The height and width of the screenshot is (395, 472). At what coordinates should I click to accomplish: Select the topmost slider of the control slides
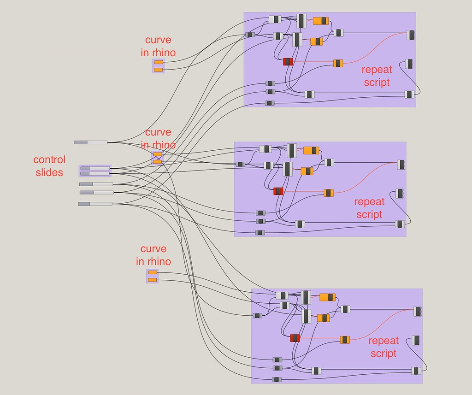(x=91, y=142)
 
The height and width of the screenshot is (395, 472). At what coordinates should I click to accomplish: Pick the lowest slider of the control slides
(x=95, y=204)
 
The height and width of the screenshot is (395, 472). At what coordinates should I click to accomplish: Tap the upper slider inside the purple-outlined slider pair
(x=95, y=168)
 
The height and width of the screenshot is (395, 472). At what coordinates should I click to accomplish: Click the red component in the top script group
(x=288, y=61)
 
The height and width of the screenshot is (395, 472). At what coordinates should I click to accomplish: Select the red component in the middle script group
(x=278, y=191)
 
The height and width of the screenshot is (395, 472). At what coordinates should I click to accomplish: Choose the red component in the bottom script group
(x=295, y=338)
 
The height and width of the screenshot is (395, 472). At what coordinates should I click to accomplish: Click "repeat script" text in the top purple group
(x=377, y=76)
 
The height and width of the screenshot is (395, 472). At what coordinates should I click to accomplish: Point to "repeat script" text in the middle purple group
(x=369, y=208)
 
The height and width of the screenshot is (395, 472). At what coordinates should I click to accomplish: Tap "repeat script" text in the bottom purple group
(x=383, y=347)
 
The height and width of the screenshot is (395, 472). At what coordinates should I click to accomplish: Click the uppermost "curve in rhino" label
(x=158, y=47)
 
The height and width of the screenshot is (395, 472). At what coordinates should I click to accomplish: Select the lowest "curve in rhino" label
(x=153, y=255)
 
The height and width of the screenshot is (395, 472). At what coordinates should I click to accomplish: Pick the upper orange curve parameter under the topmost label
(x=159, y=62)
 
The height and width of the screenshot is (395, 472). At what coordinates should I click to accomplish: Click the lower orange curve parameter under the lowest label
(x=153, y=280)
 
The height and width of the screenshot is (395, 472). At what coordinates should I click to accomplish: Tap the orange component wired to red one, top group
(x=338, y=63)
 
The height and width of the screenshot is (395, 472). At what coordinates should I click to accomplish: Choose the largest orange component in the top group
(x=320, y=21)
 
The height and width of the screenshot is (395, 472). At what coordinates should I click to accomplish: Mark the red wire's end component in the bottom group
(x=418, y=312)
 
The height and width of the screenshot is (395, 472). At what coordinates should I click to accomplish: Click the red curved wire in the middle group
(x=364, y=177)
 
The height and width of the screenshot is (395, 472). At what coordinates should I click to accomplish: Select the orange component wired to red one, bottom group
(x=345, y=340)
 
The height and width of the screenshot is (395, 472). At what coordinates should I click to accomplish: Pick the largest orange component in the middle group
(x=311, y=150)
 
